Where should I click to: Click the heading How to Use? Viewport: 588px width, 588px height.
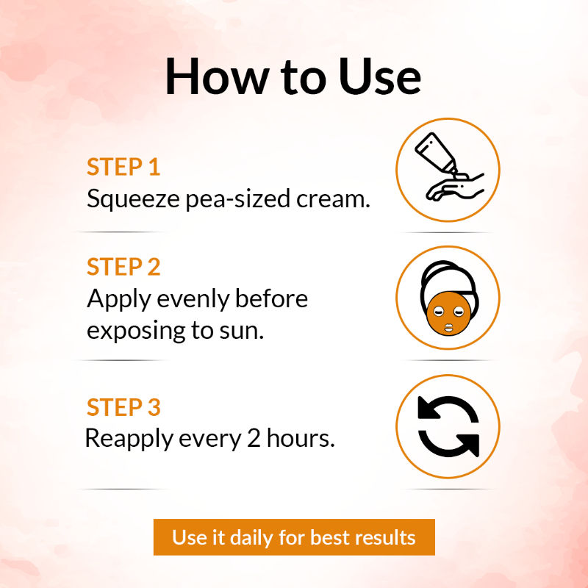pyautogui.click(x=293, y=76)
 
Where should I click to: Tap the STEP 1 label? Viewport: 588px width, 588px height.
pyautogui.click(x=123, y=167)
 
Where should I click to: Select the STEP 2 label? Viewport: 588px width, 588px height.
pyautogui.click(x=123, y=267)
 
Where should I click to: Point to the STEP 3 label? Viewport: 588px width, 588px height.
pyautogui.click(x=123, y=407)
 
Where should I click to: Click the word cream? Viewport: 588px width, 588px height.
pyautogui.click(x=333, y=199)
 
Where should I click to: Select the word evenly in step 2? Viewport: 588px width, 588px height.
pyautogui.click(x=193, y=300)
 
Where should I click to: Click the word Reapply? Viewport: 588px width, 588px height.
pyautogui.click(x=129, y=439)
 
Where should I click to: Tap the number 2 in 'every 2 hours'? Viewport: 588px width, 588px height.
pyautogui.click(x=254, y=438)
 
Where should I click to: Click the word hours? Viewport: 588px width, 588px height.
pyautogui.click(x=301, y=437)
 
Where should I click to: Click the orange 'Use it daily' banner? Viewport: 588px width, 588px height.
pyautogui.click(x=294, y=537)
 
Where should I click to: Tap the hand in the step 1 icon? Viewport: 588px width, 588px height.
pyautogui.click(x=455, y=187)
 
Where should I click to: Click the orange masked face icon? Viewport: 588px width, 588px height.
pyautogui.click(x=448, y=314)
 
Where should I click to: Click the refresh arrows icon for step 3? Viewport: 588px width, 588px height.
pyautogui.click(x=448, y=426)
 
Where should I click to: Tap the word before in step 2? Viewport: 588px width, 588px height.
pyautogui.click(x=271, y=298)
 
